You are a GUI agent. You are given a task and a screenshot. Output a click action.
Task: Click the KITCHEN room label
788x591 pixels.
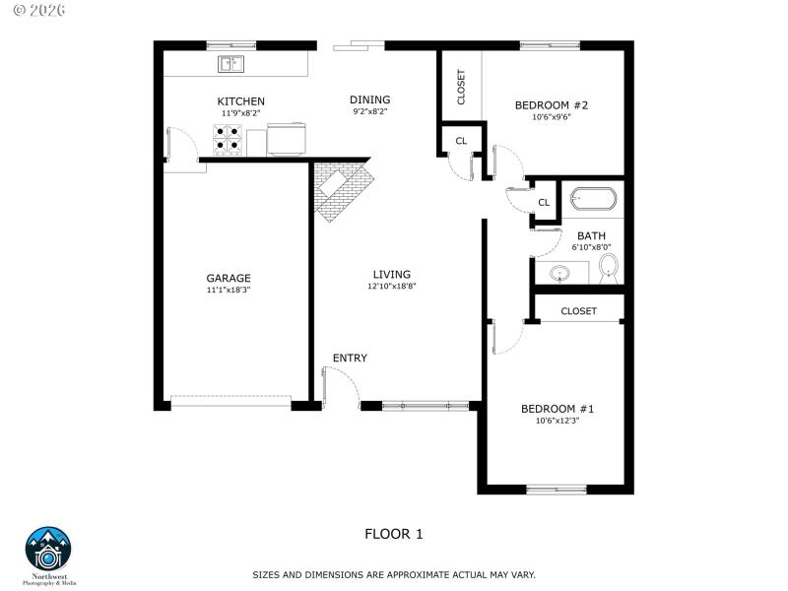(240, 101)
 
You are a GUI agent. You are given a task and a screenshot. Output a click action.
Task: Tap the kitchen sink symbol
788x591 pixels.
(231, 65)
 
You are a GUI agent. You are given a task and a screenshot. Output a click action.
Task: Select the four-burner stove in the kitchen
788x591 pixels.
(230, 141)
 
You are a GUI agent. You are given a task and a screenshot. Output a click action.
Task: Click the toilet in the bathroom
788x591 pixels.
(609, 267)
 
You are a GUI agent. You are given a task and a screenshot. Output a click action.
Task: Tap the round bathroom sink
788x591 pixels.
(560, 274)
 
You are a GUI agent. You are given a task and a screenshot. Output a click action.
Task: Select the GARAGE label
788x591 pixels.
(229, 278)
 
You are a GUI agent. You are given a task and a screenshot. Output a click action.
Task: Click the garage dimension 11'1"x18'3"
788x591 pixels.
(229, 291)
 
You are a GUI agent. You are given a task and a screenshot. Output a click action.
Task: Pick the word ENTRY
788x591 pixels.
(350, 358)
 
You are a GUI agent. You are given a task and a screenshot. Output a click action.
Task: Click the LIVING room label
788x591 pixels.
(391, 274)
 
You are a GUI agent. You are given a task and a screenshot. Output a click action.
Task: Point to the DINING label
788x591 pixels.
(369, 99)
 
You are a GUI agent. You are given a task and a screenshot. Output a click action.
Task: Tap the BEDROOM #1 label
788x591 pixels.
(558, 409)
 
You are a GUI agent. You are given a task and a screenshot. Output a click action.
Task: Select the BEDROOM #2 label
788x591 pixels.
(552, 104)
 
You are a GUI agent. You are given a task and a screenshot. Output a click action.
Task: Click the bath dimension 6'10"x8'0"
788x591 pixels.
(591, 247)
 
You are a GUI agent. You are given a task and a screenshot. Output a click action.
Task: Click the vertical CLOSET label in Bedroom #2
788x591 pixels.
(461, 87)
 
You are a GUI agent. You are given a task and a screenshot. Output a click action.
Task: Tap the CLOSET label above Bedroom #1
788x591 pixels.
(578, 311)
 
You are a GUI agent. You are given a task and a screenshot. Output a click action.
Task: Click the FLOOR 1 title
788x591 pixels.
(393, 534)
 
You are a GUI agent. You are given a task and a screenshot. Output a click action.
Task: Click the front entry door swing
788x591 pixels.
(341, 383)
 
